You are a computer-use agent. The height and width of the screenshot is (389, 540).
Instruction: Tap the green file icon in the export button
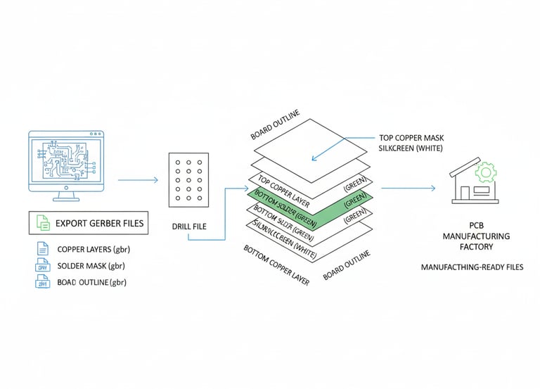click(43, 224)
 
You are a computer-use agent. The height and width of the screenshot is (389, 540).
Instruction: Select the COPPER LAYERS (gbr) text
click(94, 249)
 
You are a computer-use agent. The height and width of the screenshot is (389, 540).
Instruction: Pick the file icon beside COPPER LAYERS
click(42, 249)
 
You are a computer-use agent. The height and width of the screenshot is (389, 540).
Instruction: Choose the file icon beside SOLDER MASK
click(42, 266)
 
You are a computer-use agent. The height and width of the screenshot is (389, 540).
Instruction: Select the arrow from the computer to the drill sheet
click(138, 181)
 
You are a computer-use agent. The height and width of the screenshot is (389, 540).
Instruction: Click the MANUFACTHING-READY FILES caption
click(471, 268)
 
